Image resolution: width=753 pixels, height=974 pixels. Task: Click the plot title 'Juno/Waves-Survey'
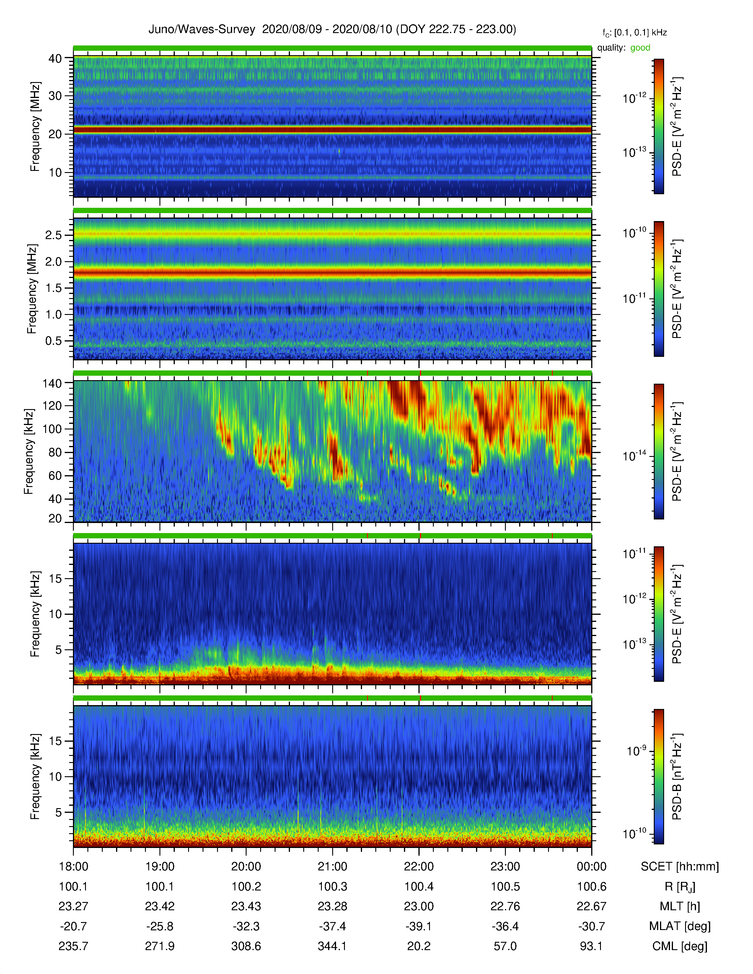point(202,30)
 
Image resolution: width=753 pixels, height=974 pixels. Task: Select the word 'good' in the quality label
point(640,48)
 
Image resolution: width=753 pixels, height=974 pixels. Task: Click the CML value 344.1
point(332,946)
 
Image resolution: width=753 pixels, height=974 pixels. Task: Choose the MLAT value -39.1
point(419,926)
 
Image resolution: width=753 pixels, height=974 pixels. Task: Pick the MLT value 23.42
point(160,906)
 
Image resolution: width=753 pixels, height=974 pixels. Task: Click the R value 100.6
point(591,887)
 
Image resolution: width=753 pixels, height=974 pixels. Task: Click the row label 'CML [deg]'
point(680,946)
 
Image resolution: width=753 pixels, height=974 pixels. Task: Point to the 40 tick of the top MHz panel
point(55,58)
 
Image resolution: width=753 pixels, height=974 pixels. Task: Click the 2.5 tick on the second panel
point(53,235)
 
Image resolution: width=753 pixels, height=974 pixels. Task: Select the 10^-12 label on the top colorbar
point(634,98)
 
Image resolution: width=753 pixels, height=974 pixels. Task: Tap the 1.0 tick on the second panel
point(53,314)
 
